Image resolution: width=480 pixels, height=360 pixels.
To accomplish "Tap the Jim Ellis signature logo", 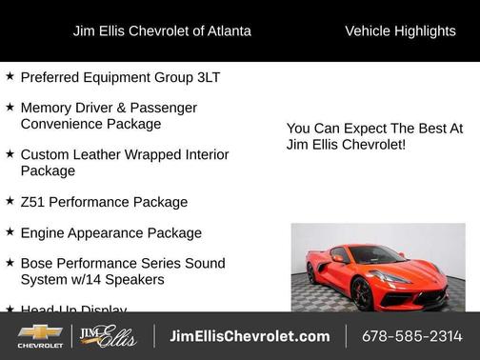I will click(108, 336).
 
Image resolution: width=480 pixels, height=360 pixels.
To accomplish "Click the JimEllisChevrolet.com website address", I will click(250, 336).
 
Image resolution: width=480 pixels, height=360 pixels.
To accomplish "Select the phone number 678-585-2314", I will click(411, 336).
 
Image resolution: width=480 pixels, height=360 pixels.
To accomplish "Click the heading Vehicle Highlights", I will click(400, 30).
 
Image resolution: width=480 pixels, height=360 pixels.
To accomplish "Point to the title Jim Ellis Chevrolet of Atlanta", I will click(162, 30).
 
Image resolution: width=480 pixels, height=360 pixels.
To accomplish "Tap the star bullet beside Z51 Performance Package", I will click(10, 201).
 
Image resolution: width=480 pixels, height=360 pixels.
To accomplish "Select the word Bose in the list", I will click(37, 263).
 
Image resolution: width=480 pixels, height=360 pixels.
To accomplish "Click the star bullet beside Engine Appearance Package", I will click(10, 231).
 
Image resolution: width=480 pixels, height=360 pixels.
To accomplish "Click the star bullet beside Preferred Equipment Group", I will click(10, 75).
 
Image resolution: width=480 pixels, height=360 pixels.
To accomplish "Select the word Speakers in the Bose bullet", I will click(133, 279).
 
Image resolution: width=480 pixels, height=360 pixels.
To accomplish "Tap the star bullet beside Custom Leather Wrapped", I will click(10, 153).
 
